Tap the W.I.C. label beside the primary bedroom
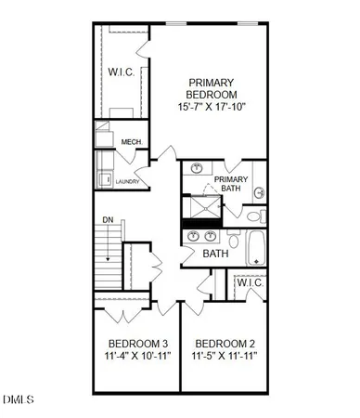tap(122, 71)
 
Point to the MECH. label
tap(131, 142)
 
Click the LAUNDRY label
tap(127, 181)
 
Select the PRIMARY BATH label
tap(231, 184)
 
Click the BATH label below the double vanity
tap(215, 254)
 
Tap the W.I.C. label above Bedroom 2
tap(250, 282)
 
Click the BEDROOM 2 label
tap(224, 341)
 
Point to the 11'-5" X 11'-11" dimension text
tap(224, 356)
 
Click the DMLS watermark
tap(18, 401)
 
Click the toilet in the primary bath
tap(258, 193)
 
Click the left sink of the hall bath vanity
tap(194, 236)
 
